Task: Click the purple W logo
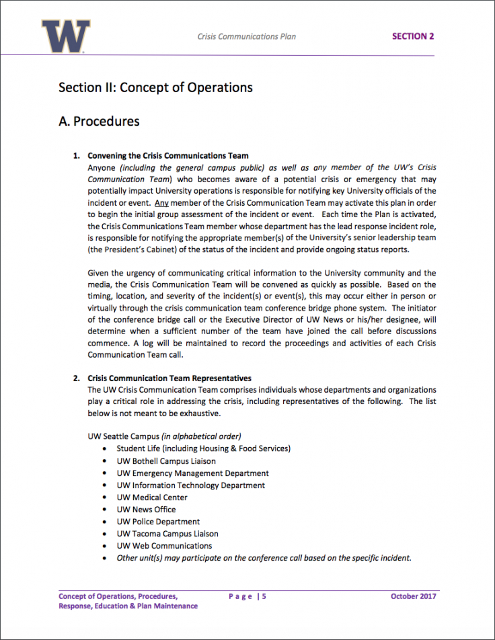tap(65, 36)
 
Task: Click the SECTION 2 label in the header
tap(413, 36)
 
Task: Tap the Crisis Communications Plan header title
tap(246, 36)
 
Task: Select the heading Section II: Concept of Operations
tap(155, 87)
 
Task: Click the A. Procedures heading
tap(99, 121)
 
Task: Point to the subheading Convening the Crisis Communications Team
tap(168, 156)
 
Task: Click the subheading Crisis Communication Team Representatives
tap(169, 378)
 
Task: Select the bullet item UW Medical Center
tap(152, 497)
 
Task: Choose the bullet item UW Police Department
tap(158, 522)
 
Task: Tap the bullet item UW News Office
tap(146, 510)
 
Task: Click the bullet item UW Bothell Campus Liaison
tap(166, 461)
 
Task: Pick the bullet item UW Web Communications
tap(164, 546)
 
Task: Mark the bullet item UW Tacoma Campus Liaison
tap(167, 534)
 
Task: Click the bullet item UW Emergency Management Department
tap(192, 473)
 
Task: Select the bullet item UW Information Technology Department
tap(190, 485)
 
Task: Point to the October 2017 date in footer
tap(414, 596)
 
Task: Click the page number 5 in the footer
tap(264, 596)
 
